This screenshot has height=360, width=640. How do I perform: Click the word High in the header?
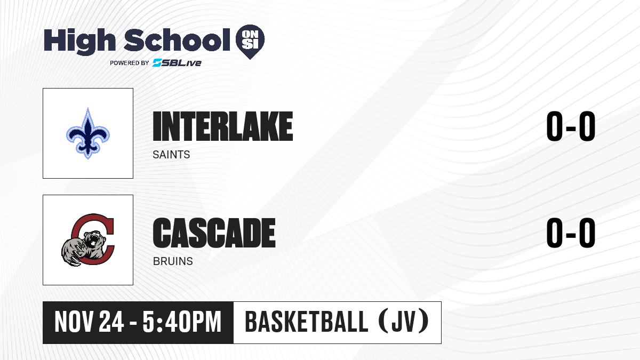pyautogui.click(x=79, y=42)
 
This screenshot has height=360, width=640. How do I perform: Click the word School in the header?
pyautogui.click(x=177, y=41)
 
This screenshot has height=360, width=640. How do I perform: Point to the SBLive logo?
pyautogui.click(x=177, y=63)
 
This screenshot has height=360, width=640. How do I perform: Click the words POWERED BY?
pyautogui.click(x=130, y=63)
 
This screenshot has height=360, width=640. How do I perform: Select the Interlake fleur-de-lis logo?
pyautogui.click(x=88, y=133)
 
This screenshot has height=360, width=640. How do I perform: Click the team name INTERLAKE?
pyautogui.click(x=223, y=126)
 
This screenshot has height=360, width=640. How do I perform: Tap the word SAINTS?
pyautogui.click(x=171, y=155)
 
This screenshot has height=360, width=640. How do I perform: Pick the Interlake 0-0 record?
pyautogui.click(x=571, y=126)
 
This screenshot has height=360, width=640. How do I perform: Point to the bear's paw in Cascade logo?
pyautogui.click(x=73, y=252)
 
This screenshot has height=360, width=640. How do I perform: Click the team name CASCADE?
pyautogui.click(x=214, y=233)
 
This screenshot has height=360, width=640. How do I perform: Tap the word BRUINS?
pyautogui.click(x=173, y=261)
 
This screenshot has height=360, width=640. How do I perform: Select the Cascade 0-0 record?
pyautogui.click(x=571, y=233)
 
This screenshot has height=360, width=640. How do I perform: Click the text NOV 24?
pyautogui.click(x=89, y=322)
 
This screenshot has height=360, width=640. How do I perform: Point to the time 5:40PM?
pyautogui.click(x=182, y=322)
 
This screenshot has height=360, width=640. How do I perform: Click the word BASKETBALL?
pyautogui.click(x=306, y=322)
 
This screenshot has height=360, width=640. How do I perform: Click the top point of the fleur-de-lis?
pyautogui.click(x=88, y=108)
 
